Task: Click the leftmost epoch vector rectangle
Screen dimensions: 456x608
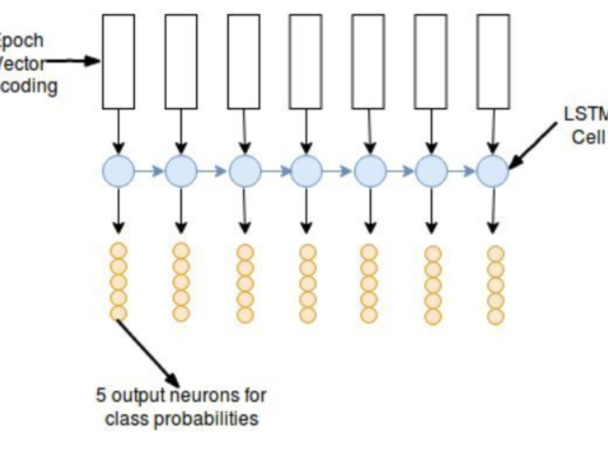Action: click(118, 62)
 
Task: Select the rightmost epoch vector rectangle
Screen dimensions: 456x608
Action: click(494, 62)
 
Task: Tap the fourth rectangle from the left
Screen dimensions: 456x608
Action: click(305, 62)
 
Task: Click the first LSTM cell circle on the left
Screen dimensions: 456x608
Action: click(118, 171)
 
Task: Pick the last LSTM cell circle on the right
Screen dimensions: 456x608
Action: click(493, 171)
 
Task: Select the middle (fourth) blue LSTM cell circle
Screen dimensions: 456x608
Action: click(306, 171)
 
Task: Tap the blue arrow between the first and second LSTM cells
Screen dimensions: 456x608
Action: click(150, 171)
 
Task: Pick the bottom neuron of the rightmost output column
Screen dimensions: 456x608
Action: click(495, 317)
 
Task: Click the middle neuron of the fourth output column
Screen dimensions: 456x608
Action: click(307, 284)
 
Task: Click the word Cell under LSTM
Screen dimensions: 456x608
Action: click(588, 137)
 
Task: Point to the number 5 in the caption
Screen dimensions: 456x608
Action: click(101, 395)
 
